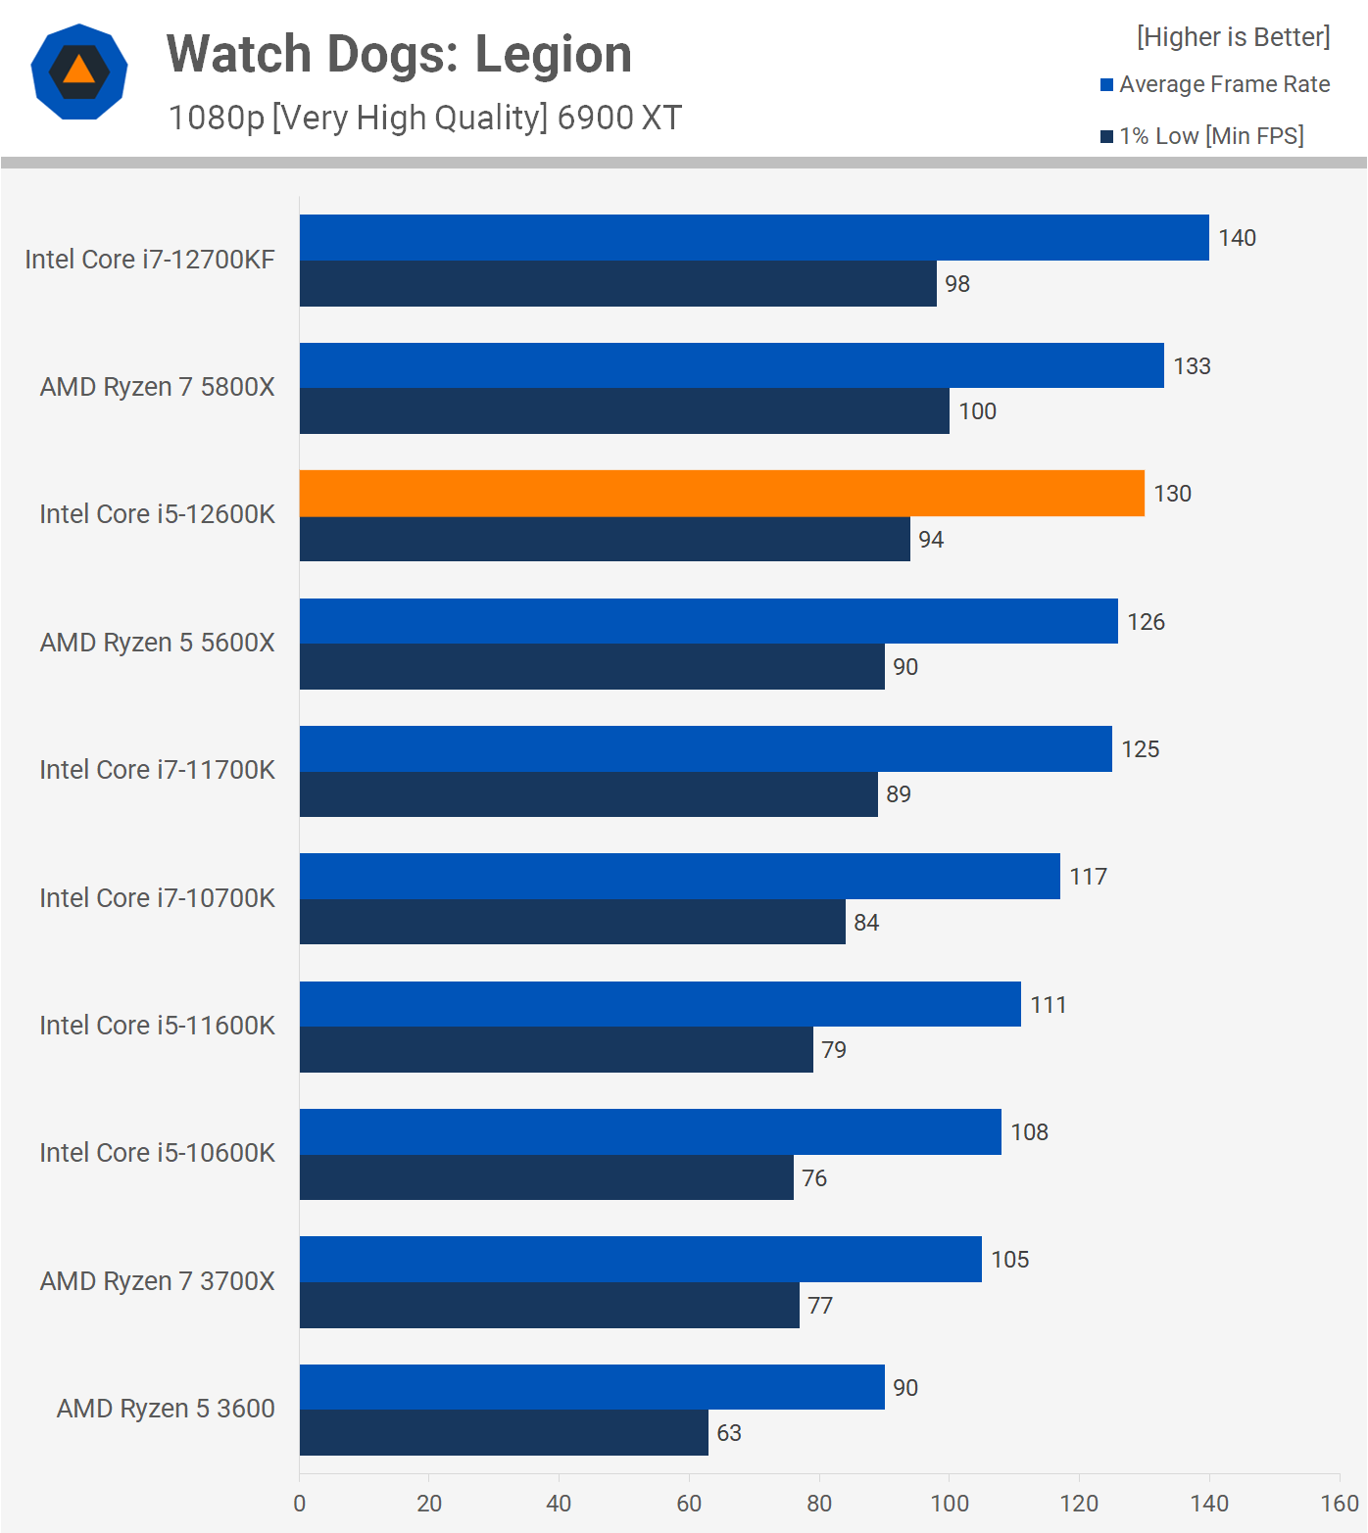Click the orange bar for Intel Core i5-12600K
coord(721,494)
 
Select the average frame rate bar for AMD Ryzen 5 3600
coord(592,1387)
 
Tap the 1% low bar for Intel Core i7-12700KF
coord(617,284)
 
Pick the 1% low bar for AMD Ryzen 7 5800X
coord(624,411)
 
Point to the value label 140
coord(1237,238)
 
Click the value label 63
coord(729,1433)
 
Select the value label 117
coord(1088,877)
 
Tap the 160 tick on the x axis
coord(1339,1504)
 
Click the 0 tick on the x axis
coord(300,1504)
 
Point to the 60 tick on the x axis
coord(689,1504)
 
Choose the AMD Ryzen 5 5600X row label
coord(157,643)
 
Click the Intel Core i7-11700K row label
coord(157,770)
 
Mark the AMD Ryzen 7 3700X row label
coord(157,1281)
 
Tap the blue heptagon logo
coord(79,72)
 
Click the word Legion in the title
coord(553,55)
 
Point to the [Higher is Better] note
coord(1233,37)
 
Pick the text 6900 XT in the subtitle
coord(619,118)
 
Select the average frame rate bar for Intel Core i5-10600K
coord(651,1132)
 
